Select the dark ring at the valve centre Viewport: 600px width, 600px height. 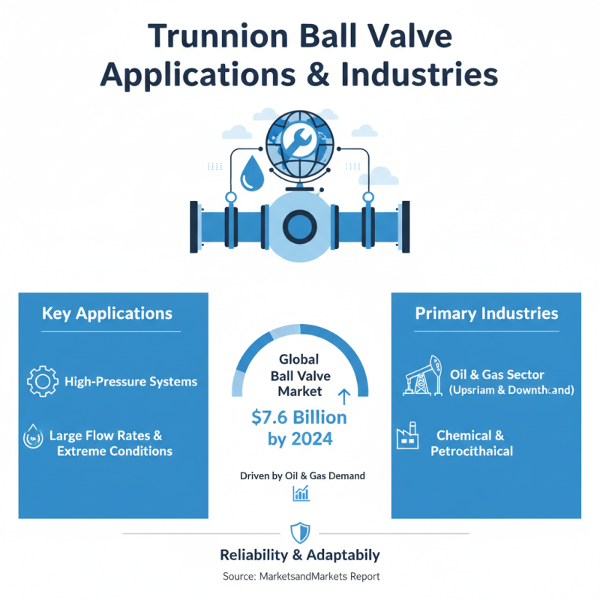coord(299,224)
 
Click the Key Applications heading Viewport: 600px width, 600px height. coord(107,313)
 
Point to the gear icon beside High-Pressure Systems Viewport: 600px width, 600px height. coord(42,381)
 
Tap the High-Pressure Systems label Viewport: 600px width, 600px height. coord(131,381)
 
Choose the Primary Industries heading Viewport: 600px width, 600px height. coord(486,313)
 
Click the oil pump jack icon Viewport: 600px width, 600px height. coord(421,379)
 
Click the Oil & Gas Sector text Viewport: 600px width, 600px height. coord(497,374)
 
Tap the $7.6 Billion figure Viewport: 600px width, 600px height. coord(298,417)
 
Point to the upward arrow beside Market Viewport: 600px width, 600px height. coord(345,396)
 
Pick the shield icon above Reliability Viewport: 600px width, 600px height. coord(299,532)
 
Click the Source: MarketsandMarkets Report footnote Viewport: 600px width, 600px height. coord(300,577)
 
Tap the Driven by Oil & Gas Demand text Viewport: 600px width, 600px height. coord(302,475)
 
